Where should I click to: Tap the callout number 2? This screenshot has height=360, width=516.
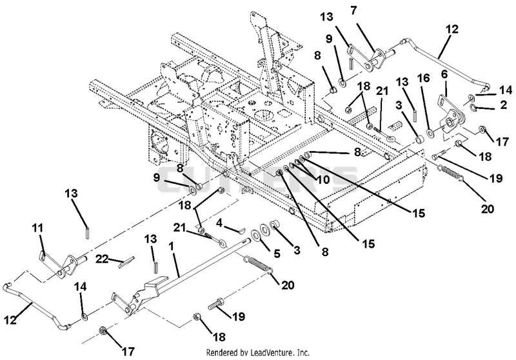pos(504,105)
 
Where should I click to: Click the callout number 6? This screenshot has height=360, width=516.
pos(444,75)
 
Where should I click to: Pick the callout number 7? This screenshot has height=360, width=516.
pos(353,10)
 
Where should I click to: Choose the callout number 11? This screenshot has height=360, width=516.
pos(38,228)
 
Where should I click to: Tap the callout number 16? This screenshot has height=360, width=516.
pos(424,78)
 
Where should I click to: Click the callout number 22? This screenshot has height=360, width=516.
pos(103,259)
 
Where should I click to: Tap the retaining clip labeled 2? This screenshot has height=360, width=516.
pos(471,106)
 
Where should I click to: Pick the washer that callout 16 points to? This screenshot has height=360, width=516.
pos(430,133)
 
